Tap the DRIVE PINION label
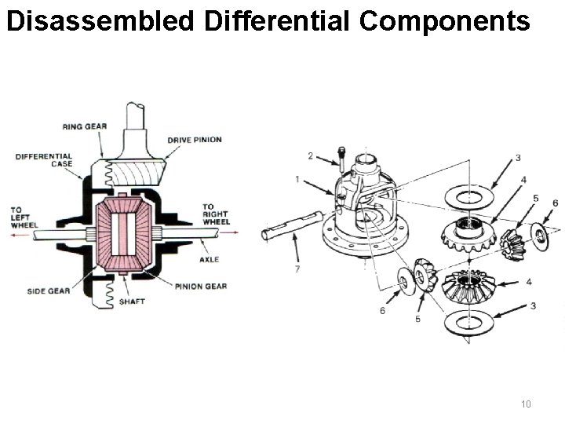click(194, 140)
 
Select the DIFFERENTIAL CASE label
click(44, 160)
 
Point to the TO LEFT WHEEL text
click(24, 217)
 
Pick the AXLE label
click(210, 259)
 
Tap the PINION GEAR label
click(200, 286)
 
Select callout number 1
click(297, 180)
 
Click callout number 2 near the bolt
click(311, 155)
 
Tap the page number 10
click(526, 404)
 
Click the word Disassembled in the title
click(98, 21)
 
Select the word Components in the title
click(445, 21)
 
